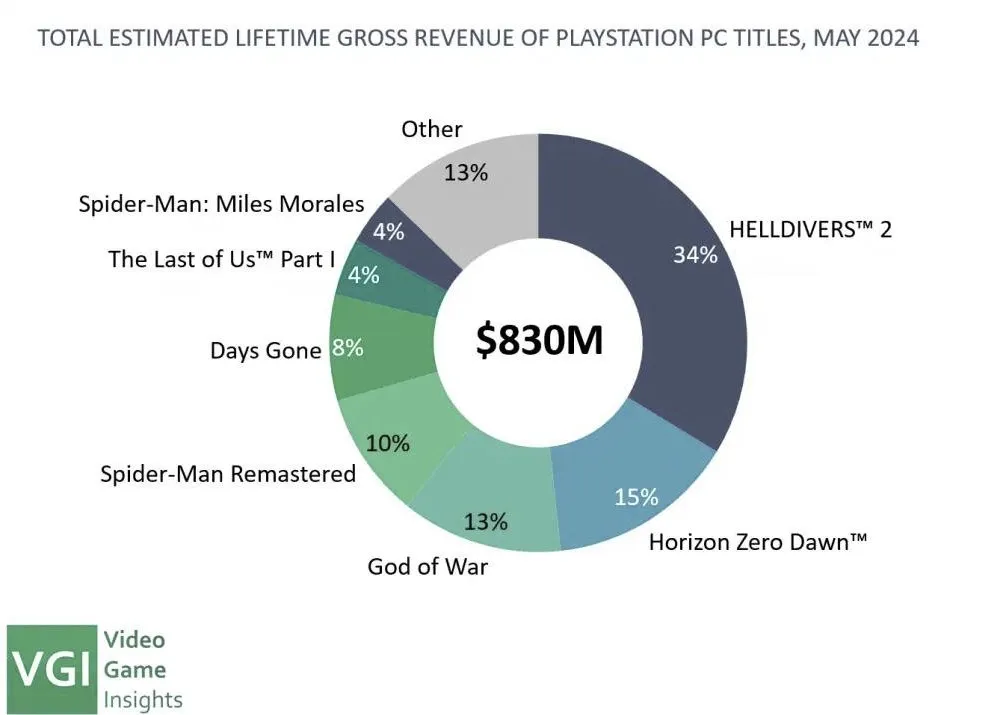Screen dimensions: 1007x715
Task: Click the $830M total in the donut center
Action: click(x=539, y=340)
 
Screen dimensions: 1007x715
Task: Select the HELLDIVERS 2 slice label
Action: click(x=810, y=229)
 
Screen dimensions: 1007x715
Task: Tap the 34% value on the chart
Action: click(x=696, y=255)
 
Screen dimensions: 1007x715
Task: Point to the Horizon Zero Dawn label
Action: click(x=758, y=542)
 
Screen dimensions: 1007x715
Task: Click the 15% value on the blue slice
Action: click(x=636, y=497)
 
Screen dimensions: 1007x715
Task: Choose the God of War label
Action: click(x=428, y=566)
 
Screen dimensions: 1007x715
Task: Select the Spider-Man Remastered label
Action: click(x=228, y=473)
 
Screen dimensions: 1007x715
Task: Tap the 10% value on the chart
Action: click(x=388, y=443)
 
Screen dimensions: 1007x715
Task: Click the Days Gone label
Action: click(x=266, y=351)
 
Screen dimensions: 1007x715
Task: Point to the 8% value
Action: click(x=347, y=348)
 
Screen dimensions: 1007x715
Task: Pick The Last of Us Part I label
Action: click(x=222, y=259)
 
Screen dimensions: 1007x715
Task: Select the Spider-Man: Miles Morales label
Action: click(x=222, y=204)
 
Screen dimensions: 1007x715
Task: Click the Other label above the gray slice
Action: click(x=432, y=129)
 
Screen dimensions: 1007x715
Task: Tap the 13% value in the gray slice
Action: click(x=466, y=172)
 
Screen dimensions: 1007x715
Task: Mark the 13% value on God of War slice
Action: click(x=486, y=522)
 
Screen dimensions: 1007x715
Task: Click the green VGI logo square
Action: click(x=52, y=669)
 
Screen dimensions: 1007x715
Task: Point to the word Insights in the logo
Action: click(x=143, y=700)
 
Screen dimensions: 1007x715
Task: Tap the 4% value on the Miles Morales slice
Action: click(x=389, y=231)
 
